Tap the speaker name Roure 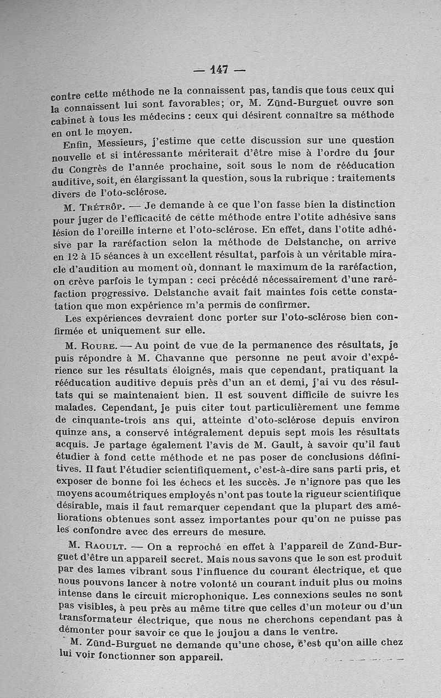click(98, 347)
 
